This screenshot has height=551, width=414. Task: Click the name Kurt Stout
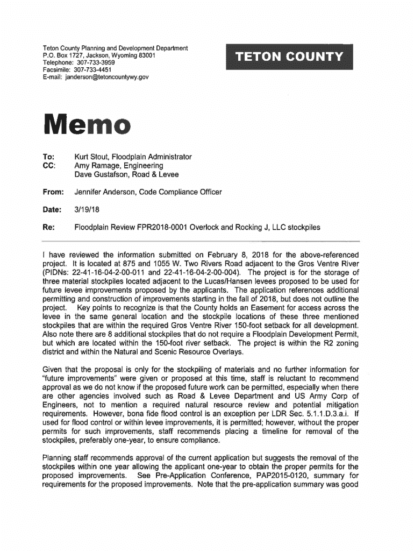91,157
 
